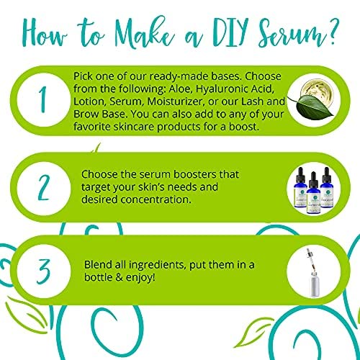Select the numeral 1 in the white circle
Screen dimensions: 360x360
tap(42, 99)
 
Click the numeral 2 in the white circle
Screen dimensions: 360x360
tap(43, 188)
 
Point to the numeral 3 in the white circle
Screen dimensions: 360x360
tap(43, 271)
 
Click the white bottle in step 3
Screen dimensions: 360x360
tap(315, 284)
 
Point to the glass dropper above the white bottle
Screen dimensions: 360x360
tap(310, 259)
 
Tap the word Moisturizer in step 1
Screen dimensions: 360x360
tap(176, 102)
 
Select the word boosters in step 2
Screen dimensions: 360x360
tap(192, 174)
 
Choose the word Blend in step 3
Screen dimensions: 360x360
tap(98, 265)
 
